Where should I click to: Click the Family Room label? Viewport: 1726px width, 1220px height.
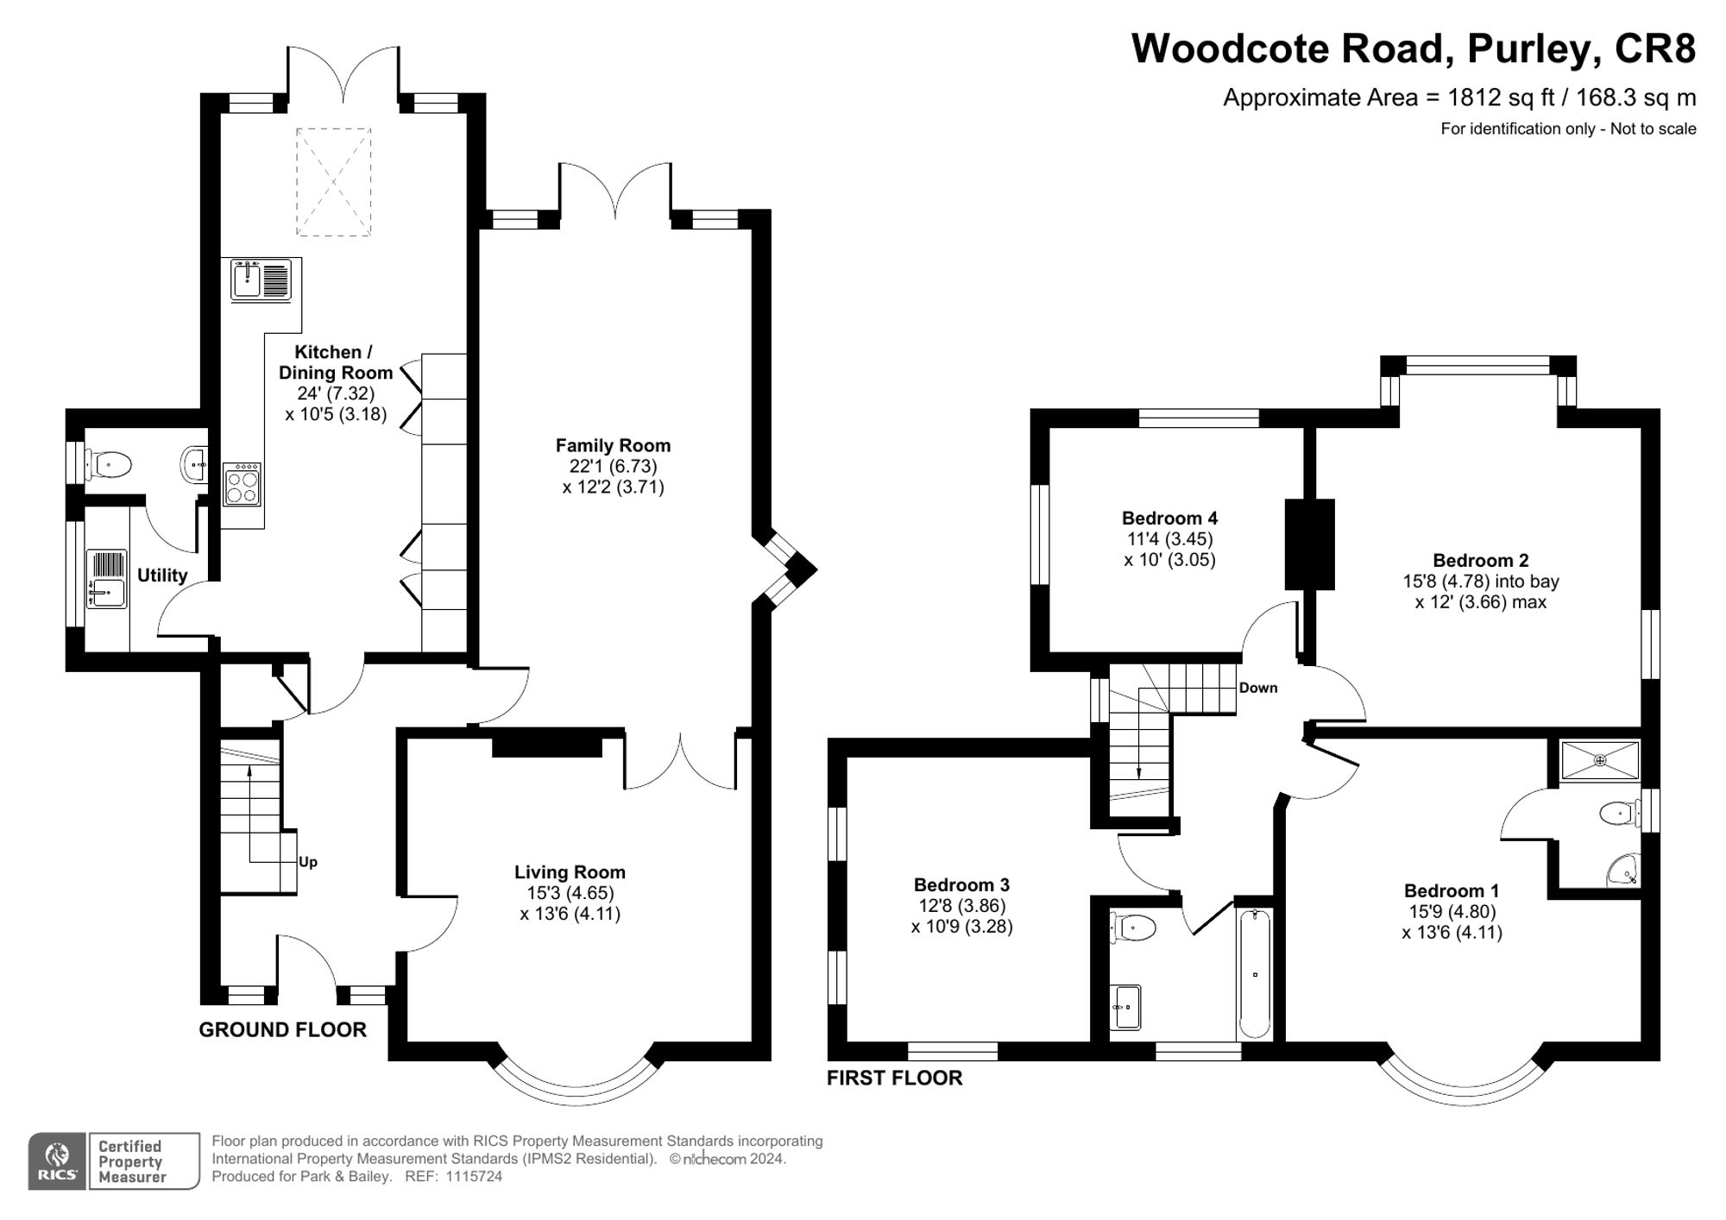pos(613,446)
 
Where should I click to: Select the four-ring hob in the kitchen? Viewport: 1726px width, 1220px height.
pos(242,484)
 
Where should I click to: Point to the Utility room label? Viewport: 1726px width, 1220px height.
pos(162,575)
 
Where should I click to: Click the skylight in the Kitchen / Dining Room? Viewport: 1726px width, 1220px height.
pos(334,182)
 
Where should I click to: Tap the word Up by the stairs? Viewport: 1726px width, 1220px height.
pos(308,862)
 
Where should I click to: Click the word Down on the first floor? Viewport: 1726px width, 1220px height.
pos(1258,688)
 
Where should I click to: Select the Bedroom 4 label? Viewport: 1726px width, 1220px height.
pos(1169,519)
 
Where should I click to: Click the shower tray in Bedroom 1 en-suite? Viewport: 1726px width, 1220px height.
pos(1600,760)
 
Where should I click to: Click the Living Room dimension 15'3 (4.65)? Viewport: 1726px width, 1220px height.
pos(570,893)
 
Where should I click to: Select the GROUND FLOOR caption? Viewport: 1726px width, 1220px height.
pos(282,1029)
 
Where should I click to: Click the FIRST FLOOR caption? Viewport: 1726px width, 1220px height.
pos(894,1078)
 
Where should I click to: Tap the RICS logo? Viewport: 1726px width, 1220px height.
pos(57,1161)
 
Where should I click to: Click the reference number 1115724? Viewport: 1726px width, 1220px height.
pos(474,1176)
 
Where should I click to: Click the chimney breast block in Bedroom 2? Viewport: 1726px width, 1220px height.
pos(1309,544)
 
